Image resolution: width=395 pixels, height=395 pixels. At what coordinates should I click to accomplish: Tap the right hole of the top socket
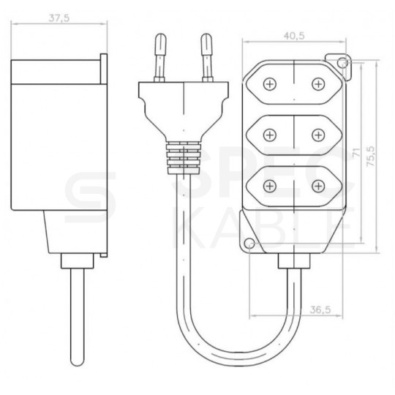(x=318, y=85)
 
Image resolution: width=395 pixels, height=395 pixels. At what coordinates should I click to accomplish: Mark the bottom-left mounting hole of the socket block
(x=249, y=243)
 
